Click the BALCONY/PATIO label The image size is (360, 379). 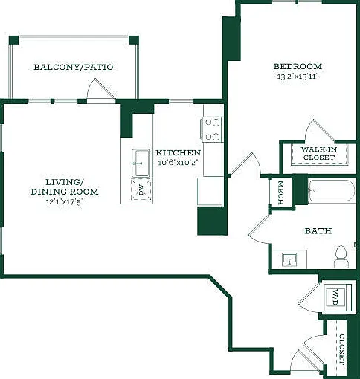pos(74,67)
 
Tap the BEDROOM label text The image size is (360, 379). pos(298,66)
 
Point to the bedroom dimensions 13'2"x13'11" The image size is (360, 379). pos(298,77)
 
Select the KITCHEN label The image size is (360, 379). pos(178,152)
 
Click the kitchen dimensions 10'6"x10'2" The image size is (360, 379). pos(179,163)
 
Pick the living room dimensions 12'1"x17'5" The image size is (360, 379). pos(64,201)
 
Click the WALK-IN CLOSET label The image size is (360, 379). pos(319,153)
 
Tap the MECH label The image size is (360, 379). pos(281,192)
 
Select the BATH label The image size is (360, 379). pos(318,231)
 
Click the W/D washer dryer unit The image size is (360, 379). pos(338,297)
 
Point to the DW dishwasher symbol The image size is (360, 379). pos(141,189)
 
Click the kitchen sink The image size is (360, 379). pos(141,163)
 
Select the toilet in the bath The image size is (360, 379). pos(341,256)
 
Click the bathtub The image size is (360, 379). pos(332,190)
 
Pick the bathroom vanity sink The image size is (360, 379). pos(289,259)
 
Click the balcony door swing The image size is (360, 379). pos(102,91)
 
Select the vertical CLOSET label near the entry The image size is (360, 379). pos(342,350)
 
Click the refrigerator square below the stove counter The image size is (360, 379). pos(210,191)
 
